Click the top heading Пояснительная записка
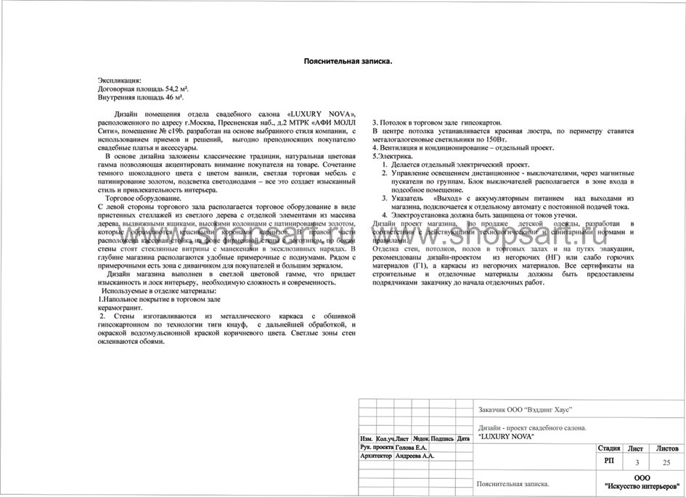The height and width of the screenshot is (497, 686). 348,62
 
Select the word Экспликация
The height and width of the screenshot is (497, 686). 120,80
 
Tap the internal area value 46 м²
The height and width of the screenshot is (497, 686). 170,96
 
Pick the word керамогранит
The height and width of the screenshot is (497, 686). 120,308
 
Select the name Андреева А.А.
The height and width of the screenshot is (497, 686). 415,457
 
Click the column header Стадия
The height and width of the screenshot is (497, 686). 608,449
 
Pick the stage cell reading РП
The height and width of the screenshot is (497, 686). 608,461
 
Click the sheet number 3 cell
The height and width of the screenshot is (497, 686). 637,461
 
